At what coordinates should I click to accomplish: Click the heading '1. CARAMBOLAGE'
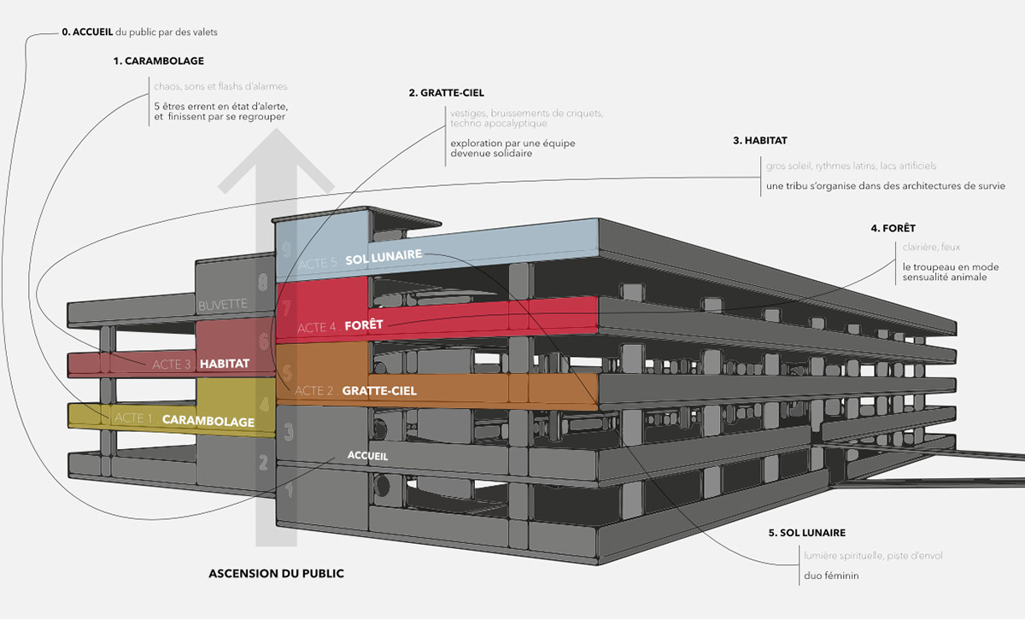coord(158,61)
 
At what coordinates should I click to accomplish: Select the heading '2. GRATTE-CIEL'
coord(440,92)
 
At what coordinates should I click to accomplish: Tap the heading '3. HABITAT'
coord(759,140)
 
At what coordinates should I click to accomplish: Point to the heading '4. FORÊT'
coord(893,228)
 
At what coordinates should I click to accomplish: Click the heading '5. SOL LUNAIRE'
coord(806,533)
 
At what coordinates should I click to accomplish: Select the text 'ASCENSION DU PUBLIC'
coord(276,574)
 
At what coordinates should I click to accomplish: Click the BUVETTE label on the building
coord(223,304)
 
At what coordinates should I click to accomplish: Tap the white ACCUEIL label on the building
coord(367,456)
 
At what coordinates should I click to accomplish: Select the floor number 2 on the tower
coord(263,462)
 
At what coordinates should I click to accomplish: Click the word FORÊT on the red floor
coord(366,325)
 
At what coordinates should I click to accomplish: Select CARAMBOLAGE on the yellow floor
coord(208,420)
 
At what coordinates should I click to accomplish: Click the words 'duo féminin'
coord(830,576)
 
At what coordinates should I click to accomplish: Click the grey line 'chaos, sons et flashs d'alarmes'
coord(220,86)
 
